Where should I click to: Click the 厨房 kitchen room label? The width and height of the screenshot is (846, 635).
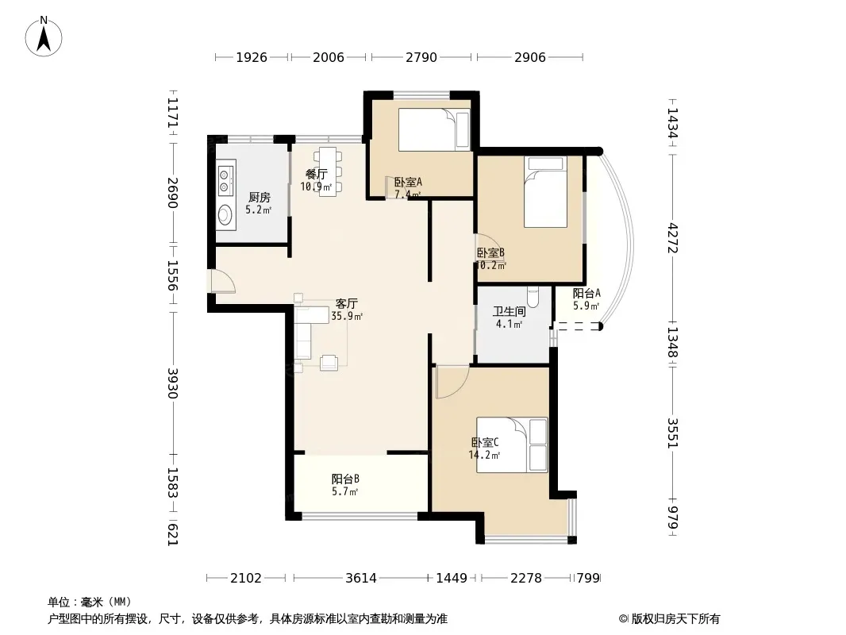point(259,198)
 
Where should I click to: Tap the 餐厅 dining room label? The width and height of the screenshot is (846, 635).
point(316,174)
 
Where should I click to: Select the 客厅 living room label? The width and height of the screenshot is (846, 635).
point(346,304)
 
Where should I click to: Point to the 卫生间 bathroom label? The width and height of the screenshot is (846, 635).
point(510,311)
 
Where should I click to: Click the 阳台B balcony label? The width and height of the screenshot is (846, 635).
point(345,479)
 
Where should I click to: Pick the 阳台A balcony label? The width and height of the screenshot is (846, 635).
point(586,293)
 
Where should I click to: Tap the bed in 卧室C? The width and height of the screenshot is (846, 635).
point(512,445)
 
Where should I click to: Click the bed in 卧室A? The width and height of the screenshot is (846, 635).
point(434,129)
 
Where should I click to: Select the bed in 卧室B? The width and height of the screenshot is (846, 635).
point(545,191)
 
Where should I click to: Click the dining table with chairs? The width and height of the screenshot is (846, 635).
point(328,171)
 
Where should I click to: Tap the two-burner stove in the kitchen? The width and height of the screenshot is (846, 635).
point(226,178)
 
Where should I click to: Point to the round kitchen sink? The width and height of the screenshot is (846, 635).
point(225,215)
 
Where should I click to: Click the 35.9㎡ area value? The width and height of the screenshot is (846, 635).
point(347,316)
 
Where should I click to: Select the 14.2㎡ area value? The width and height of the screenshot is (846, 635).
point(485,455)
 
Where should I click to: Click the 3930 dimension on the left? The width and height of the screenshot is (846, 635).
point(173,383)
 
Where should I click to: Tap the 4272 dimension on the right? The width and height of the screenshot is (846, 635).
point(672,237)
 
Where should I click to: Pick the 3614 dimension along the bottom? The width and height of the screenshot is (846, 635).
point(361,578)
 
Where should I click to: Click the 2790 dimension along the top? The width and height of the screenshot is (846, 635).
point(421,57)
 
